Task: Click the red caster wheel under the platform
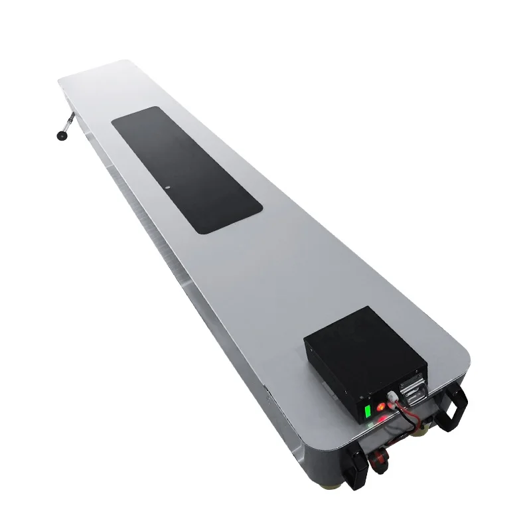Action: pyautogui.click(x=380, y=459)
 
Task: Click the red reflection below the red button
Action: pyautogui.click(x=384, y=419)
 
